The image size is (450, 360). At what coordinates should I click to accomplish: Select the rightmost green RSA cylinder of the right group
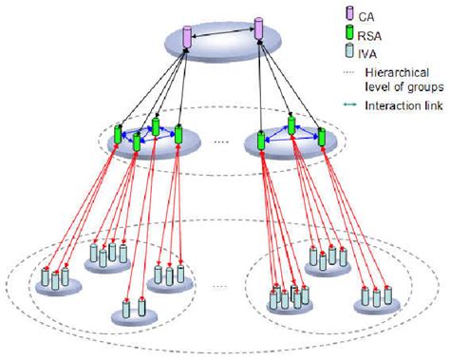tap(322, 135)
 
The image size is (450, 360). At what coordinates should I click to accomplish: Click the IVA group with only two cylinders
tap(133, 310)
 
